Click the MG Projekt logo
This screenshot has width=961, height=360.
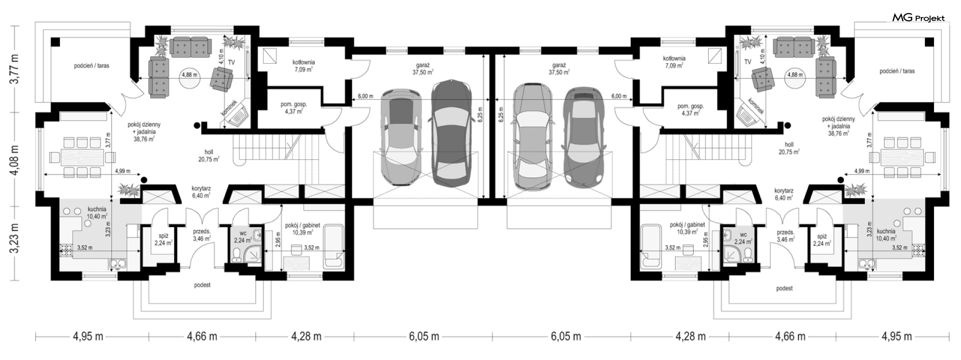(919, 18)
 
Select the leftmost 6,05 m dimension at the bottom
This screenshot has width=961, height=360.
(424, 336)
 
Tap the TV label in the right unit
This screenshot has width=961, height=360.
(747, 62)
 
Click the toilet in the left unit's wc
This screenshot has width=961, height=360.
(238, 254)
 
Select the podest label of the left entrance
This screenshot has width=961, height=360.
(203, 285)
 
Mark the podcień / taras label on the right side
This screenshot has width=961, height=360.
(897, 71)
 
